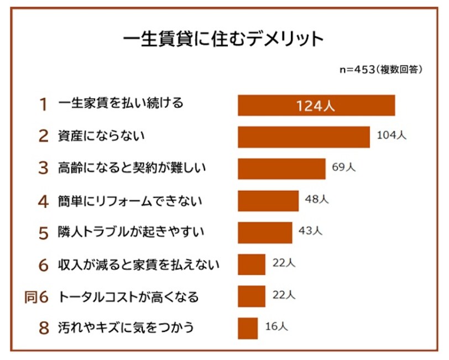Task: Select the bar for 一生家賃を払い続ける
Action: (316, 105)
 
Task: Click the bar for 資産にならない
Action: (304, 137)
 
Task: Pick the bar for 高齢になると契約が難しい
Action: (281, 169)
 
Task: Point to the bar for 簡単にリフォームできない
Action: (268, 200)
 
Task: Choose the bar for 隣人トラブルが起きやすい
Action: (265, 232)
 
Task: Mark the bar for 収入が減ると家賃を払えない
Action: (252, 264)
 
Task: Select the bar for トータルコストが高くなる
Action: (252, 296)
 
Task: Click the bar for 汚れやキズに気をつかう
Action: (248, 328)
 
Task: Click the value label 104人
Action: (391, 135)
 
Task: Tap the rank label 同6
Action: (37, 297)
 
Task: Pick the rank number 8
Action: (44, 328)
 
